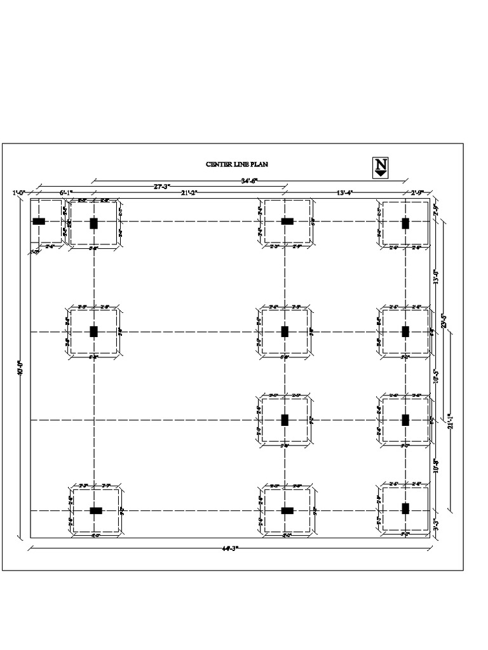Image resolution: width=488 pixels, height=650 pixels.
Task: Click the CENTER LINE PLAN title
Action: (237, 164)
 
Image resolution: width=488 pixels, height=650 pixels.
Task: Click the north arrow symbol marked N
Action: (381, 167)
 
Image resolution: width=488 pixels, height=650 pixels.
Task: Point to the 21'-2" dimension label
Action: (189, 192)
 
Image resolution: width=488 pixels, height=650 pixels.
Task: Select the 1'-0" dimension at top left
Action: (20, 192)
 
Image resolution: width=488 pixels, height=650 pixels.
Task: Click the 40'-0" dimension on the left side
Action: (20, 369)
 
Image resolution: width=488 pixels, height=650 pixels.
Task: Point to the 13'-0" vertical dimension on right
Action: (436, 277)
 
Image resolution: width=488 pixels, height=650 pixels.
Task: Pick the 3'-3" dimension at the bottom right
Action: (436, 526)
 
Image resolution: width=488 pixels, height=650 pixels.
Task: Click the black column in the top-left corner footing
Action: (39, 222)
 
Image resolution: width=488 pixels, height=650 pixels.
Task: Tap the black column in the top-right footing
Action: (405, 223)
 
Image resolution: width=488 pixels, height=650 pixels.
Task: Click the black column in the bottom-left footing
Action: (95, 510)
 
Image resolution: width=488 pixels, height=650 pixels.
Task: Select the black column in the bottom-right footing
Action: (405, 508)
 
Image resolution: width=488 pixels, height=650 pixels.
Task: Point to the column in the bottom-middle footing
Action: (287, 510)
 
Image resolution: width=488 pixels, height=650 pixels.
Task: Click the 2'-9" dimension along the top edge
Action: (417, 192)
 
